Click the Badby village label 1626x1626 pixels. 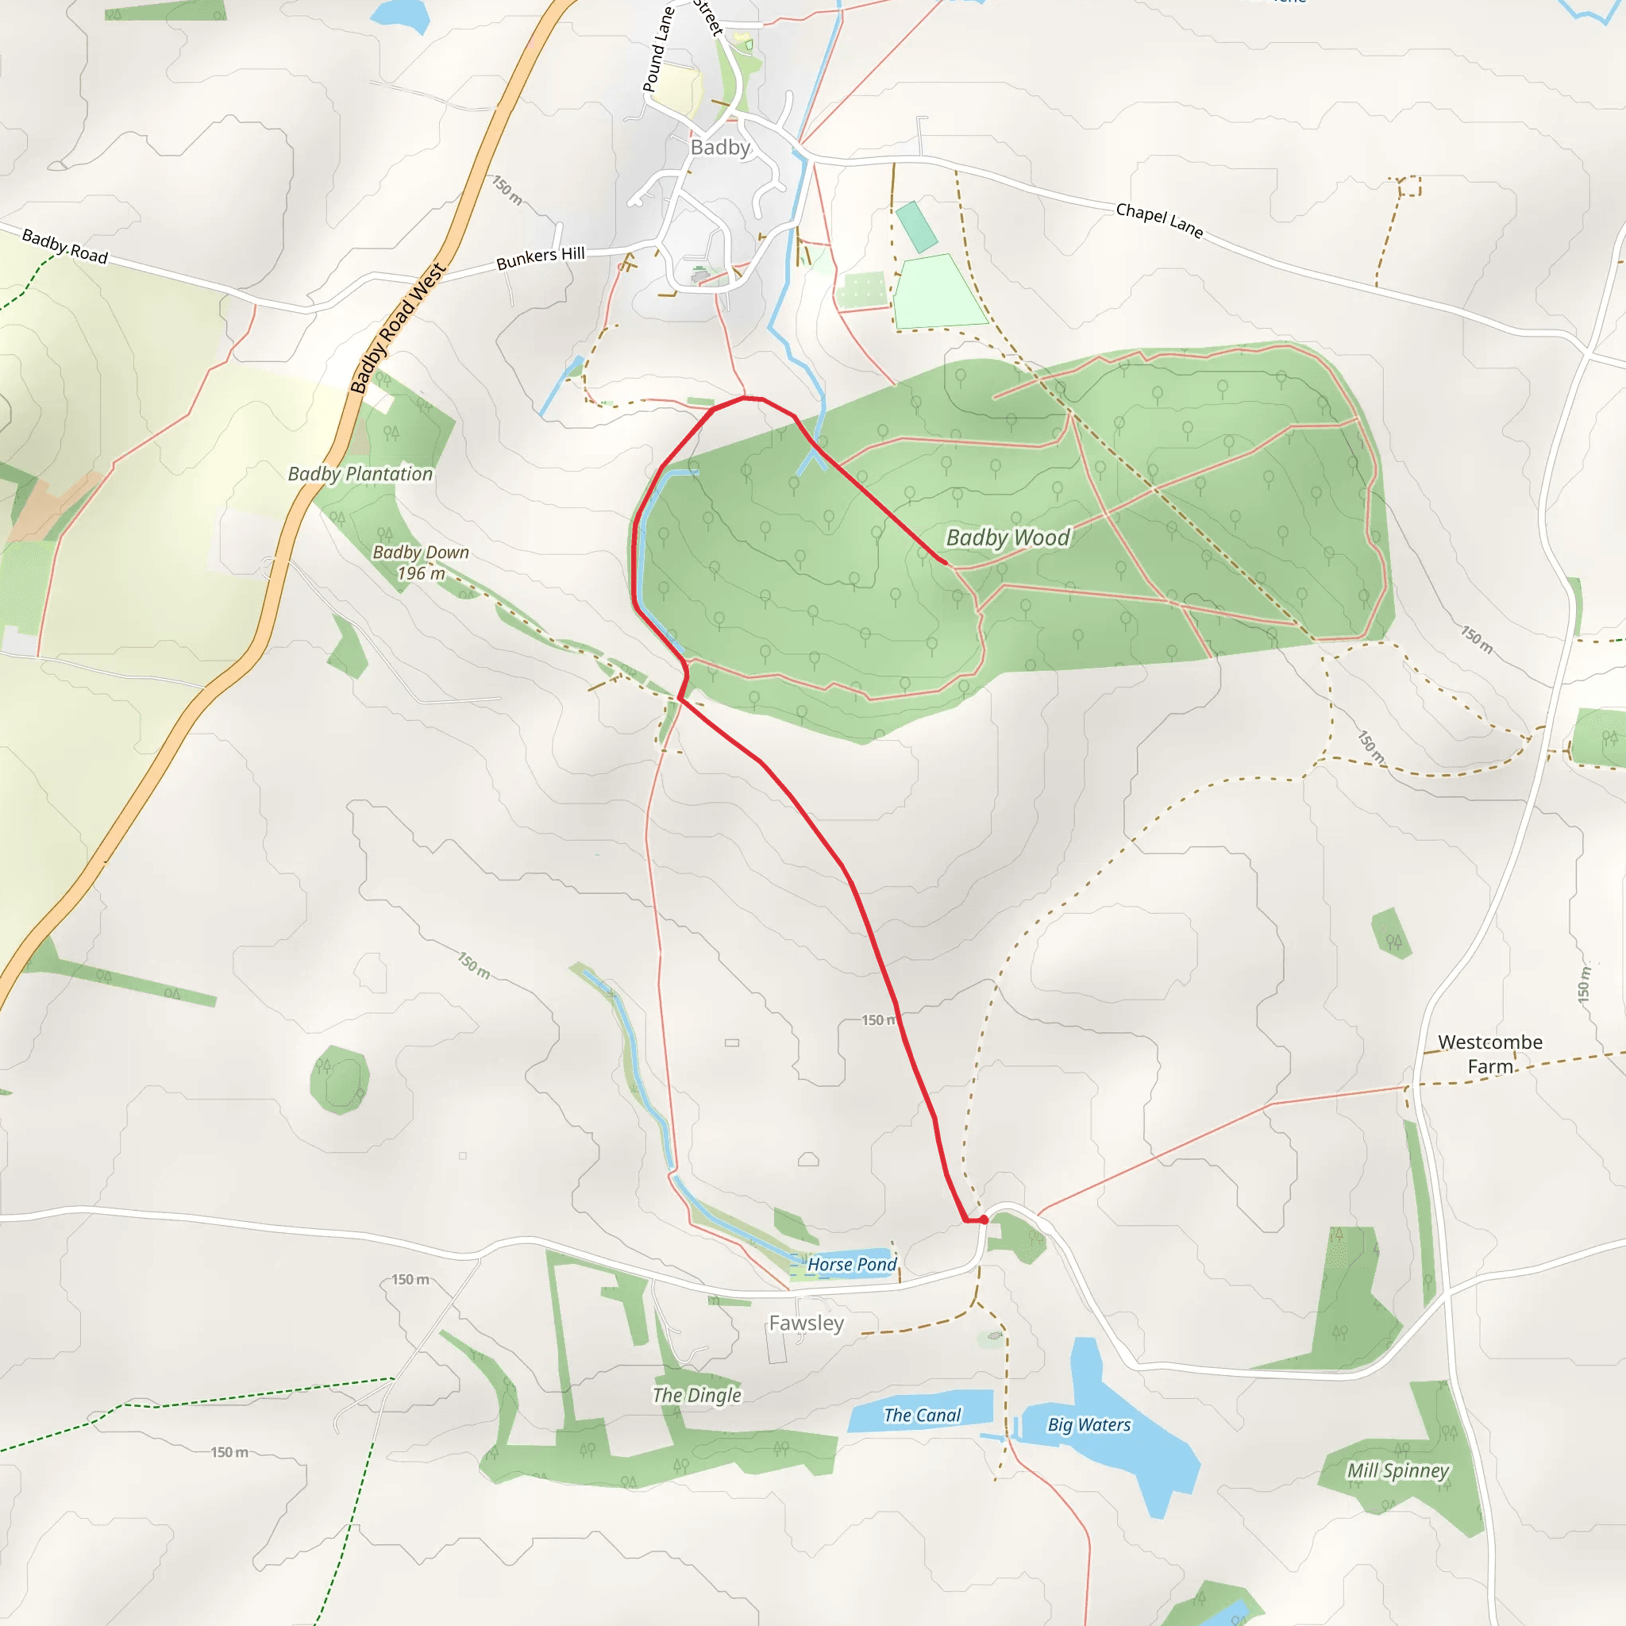[719, 148]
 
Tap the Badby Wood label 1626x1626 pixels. [1008, 537]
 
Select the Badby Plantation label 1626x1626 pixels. [360, 474]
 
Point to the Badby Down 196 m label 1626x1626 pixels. [420, 562]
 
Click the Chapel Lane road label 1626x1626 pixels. [1159, 220]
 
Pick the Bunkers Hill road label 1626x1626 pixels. [541, 257]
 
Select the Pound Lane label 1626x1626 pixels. [658, 48]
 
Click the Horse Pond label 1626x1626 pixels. [852, 1264]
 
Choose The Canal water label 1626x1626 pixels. [922, 1416]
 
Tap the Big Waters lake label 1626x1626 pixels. [1089, 1425]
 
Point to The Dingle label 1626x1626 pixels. [697, 1396]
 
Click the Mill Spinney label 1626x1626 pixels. [1398, 1471]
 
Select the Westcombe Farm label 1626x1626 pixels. [1489, 1054]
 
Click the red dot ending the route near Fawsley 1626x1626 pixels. [983, 1219]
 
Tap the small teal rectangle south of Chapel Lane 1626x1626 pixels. [915, 226]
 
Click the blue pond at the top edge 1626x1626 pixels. [401, 13]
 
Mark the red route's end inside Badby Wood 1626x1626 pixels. [945, 562]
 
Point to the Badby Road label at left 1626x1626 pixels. [65, 246]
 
